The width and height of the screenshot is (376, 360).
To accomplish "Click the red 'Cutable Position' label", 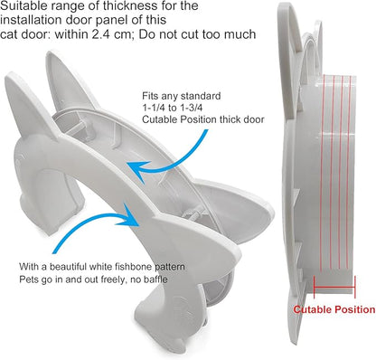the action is (334, 309).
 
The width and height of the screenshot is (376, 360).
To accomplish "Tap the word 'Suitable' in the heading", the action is (21, 5).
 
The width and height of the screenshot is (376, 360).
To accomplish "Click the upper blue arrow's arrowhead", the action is (136, 169).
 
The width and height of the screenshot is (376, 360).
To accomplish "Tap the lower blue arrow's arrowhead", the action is (130, 215).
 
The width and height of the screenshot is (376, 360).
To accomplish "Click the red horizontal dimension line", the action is (334, 287).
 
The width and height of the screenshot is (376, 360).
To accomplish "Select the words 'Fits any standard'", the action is (182, 96).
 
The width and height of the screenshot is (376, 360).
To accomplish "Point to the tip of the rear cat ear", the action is (52, 53).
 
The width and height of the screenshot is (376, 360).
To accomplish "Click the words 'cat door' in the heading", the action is (25, 34).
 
